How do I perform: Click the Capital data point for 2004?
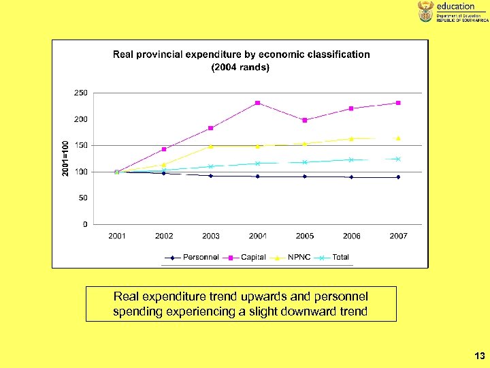coord(257,103)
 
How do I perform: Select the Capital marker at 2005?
coord(305,120)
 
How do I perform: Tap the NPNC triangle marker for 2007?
coord(398,138)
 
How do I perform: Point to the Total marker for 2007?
coord(398,159)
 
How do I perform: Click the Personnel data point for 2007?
coord(398,177)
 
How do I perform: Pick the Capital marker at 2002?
coord(164,149)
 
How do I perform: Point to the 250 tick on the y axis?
coord(80,93)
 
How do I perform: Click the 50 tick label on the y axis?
coord(82,198)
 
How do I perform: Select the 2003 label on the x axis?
coord(211,236)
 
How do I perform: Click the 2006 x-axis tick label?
coord(352,236)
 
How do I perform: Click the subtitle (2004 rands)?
coord(240,67)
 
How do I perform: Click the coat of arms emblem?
coord(425,12)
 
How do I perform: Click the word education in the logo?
coord(455,6)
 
